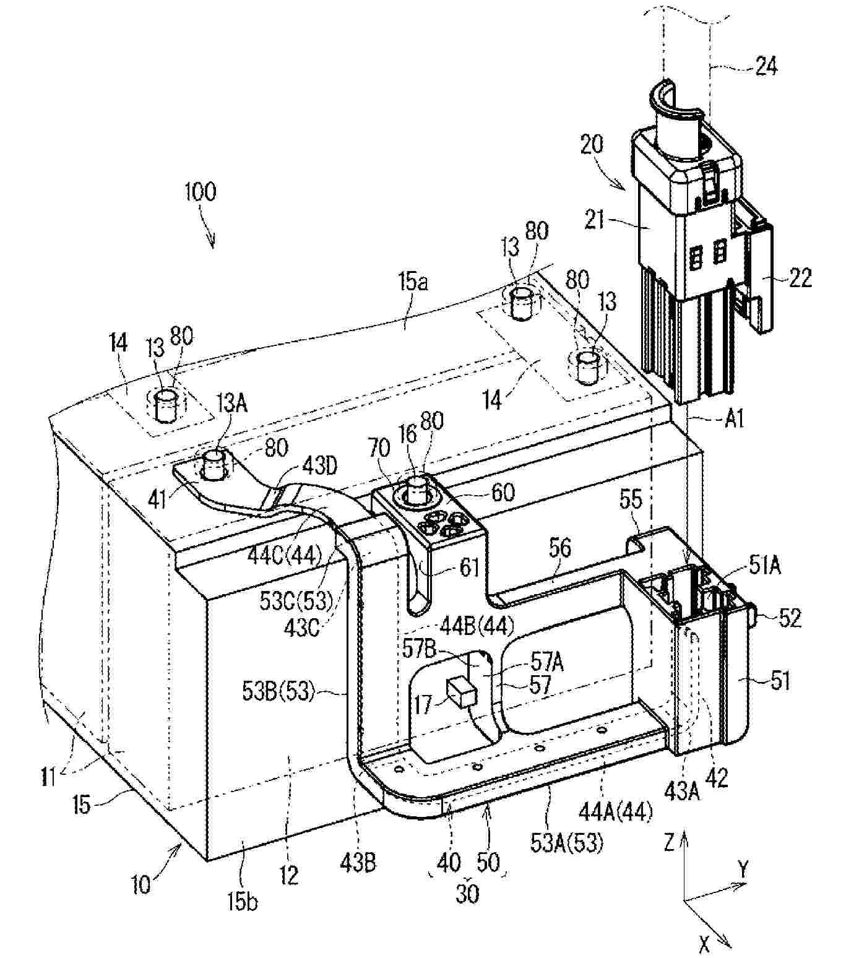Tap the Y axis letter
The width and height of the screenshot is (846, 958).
[743, 870]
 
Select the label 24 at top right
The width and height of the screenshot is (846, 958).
[766, 65]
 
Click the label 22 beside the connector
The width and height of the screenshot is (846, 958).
[800, 278]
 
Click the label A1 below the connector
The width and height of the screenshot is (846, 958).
[733, 420]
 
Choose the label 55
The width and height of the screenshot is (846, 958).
[630, 499]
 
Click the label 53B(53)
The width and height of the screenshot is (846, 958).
[279, 691]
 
